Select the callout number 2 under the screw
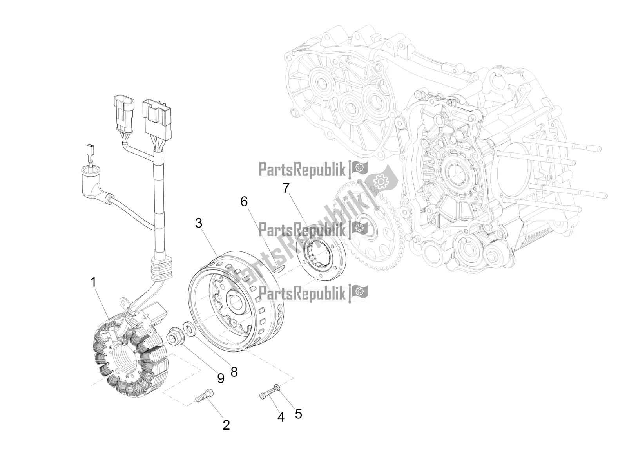pyautogui.click(x=226, y=425)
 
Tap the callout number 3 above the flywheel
pyautogui.click(x=199, y=224)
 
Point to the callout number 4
pyautogui.click(x=281, y=418)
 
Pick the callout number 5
pyautogui.click(x=299, y=414)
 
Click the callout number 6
pyautogui.click(x=244, y=202)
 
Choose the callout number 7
pyautogui.click(x=286, y=188)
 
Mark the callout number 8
pyautogui.click(x=234, y=372)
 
